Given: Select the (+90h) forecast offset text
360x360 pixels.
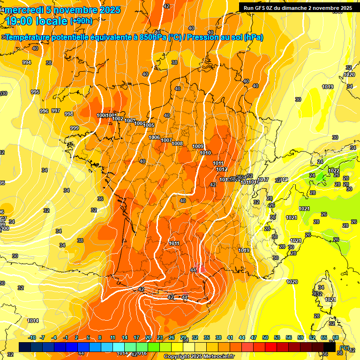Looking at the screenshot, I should [x=81, y=21].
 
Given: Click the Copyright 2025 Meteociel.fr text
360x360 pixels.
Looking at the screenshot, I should [x=199, y=357].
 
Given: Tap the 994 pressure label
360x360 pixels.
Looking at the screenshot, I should [x=27, y=62].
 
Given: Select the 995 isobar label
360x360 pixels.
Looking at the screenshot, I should [x=35, y=92].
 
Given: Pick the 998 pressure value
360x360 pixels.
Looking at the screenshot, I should [x=68, y=114].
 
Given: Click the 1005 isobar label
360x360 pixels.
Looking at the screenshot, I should [x=149, y=125].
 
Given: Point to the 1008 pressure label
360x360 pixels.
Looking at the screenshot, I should [x=177, y=143].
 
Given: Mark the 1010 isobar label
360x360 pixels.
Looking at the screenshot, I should [x=205, y=153].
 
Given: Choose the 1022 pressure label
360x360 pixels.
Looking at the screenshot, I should [x=334, y=171].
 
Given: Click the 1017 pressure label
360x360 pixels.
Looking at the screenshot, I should [x=263, y=180].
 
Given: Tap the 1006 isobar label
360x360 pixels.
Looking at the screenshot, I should [x=154, y=137].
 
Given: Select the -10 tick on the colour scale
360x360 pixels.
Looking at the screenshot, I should [x=32, y=337].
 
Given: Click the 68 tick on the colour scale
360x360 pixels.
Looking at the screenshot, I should [x=336, y=337].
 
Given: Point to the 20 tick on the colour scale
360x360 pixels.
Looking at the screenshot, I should [x=148, y=337].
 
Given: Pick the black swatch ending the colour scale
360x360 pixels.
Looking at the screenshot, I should [x=330, y=347].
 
